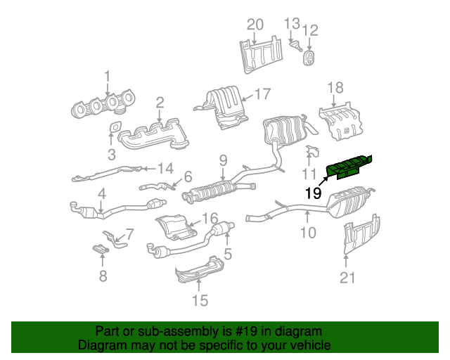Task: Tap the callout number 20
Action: pyautogui.click(x=255, y=25)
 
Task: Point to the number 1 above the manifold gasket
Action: pyautogui.click(x=108, y=75)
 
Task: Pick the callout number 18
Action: pyautogui.click(x=335, y=87)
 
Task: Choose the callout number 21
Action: pyautogui.click(x=347, y=278)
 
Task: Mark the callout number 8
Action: pyautogui.click(x=103, y=276)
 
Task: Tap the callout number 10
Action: pyautogui.click(x=309, y=232)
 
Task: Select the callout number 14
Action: pyautogui.click(x=165, y=168)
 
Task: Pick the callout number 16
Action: pyautogui.click(x=211, y=218)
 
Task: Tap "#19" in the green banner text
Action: pyautogui.click(x=252, y=331)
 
